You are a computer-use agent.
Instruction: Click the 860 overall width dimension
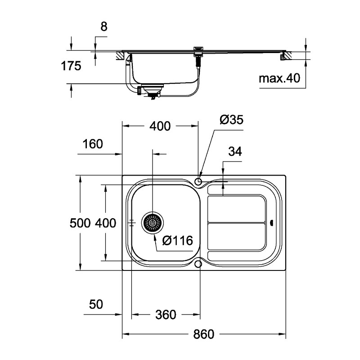[x=204, y=334]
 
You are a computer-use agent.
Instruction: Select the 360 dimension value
[x=165, y=315]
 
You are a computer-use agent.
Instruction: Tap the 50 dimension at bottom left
[x=96, y=305]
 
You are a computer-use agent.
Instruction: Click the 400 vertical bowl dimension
[x=106, y=223]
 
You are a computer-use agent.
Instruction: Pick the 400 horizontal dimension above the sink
[x=160, y=126]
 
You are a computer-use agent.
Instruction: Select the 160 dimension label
[x=93, y=144]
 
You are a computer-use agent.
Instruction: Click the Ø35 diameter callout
[x=231, y=120]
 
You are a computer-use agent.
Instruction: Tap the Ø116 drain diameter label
[x=177, y=241]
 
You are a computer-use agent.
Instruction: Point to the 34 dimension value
[x=235, y=152]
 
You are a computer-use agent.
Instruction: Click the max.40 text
[x=279, y=79]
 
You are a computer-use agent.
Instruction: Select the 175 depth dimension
[x=71, y=66]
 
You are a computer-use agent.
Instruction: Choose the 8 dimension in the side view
[x=104, y=27]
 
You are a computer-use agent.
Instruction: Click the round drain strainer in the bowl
[x=153, y=223]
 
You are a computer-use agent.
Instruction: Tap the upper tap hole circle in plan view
[x=198, y=181]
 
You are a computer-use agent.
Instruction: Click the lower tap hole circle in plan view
[x=198, y=264]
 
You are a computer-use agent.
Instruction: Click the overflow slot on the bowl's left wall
[x=131, y=223]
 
